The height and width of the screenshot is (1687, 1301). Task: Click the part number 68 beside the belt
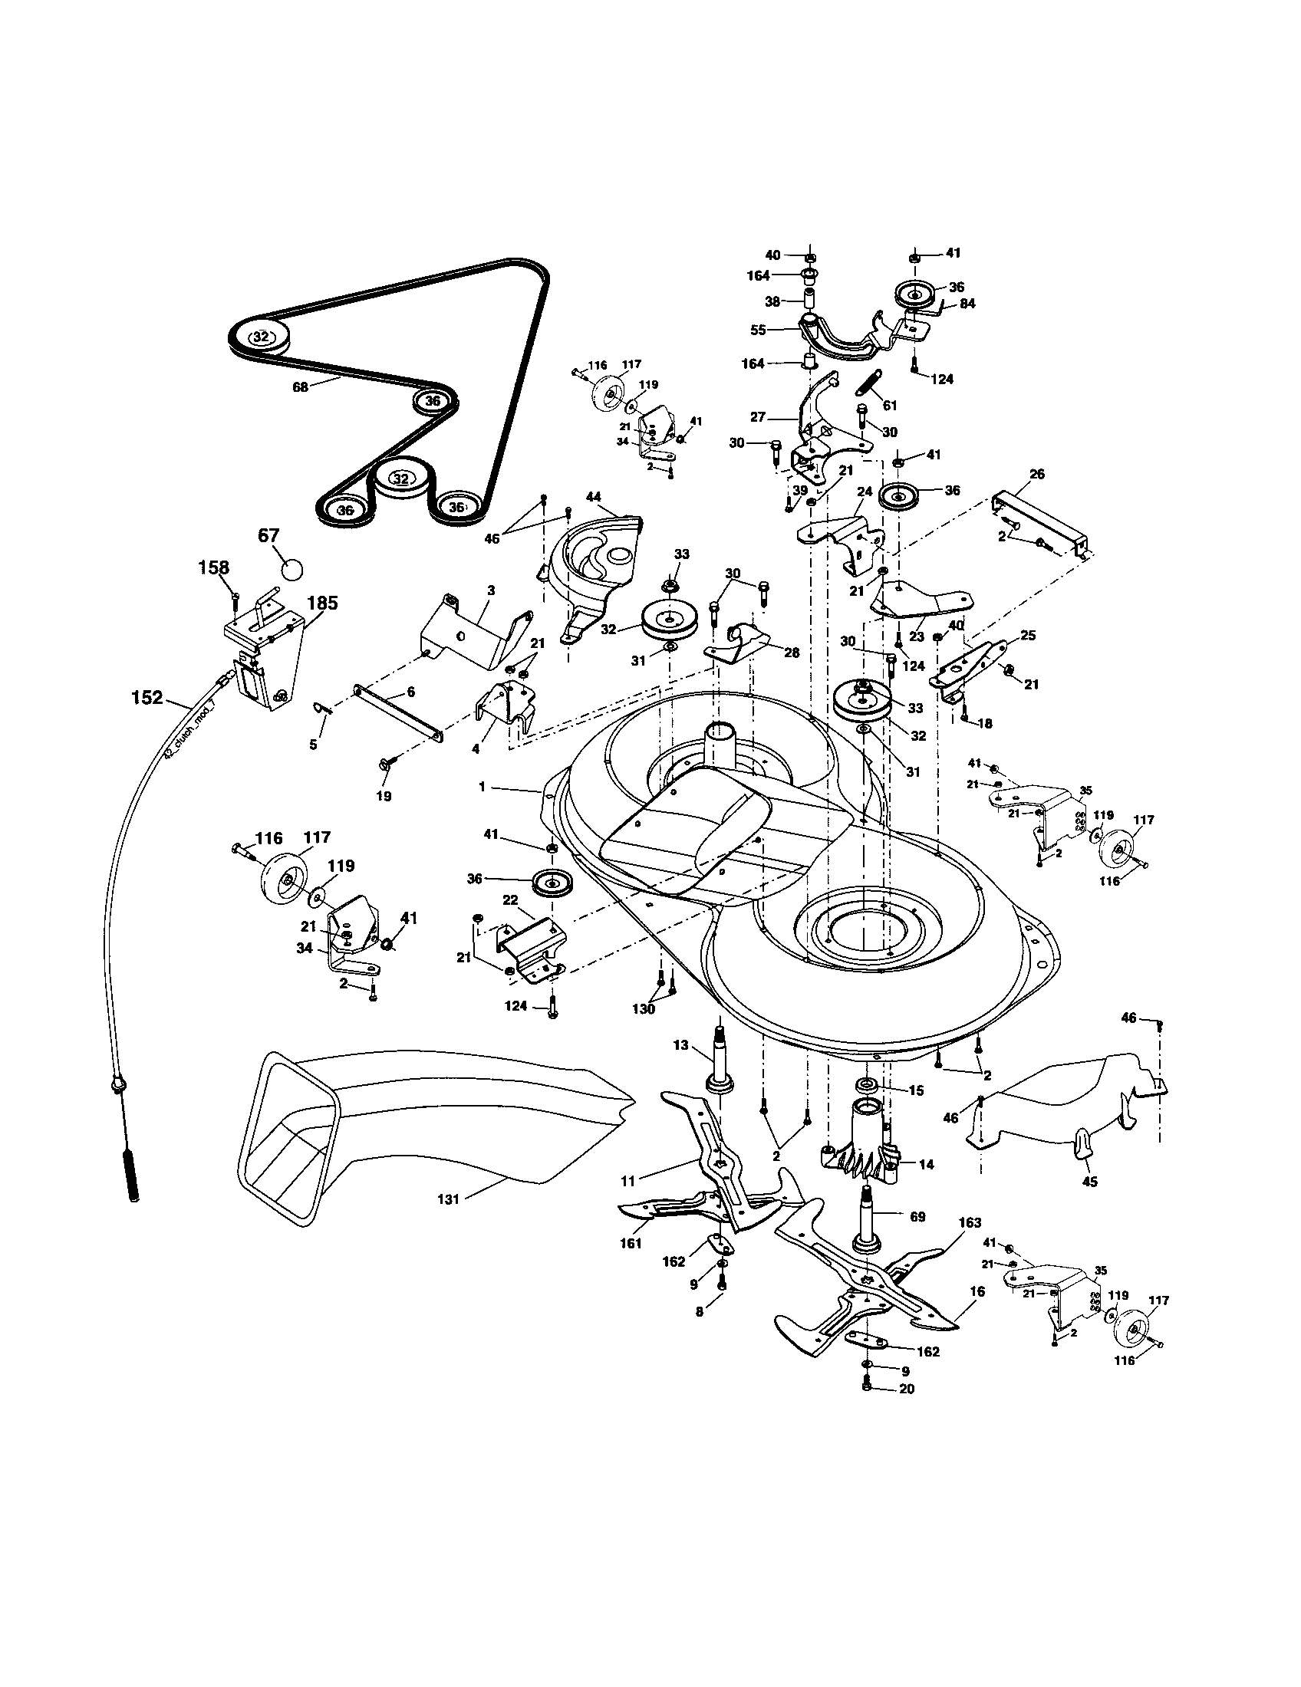click(x=300, y=387)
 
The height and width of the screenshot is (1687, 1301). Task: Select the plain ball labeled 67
click(x=291, y=569)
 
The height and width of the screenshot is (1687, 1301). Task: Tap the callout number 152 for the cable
click(x=147, y=698)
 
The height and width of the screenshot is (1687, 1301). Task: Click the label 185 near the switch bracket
click(x=322, y=603)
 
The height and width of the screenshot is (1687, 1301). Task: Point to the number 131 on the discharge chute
click(x=448, y=1199)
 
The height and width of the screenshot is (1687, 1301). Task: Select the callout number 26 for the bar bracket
click(x=1036, y=474)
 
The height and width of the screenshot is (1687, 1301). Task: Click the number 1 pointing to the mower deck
click(x=482, y=786)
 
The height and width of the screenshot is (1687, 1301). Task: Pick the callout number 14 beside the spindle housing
click(x=927, y=1163)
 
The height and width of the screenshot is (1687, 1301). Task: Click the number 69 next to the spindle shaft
click(x=917, y=1217)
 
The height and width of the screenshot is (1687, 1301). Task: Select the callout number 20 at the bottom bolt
click(x=907, y=1388)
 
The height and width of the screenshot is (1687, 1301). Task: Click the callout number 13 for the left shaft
click(x=680, y=1045)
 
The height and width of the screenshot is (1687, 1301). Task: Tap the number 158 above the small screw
click(x=214, y=567)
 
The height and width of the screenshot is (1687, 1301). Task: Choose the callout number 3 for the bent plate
click(x=491, y=590)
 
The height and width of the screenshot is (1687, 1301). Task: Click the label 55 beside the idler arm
click(x=758, y=329)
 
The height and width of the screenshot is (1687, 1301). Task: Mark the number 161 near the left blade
click(x=631, y=1244)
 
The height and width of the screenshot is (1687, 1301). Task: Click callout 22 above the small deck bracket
click(x=509, y=901)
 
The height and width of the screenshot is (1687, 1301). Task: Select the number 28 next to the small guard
click(x=793, y=653)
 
